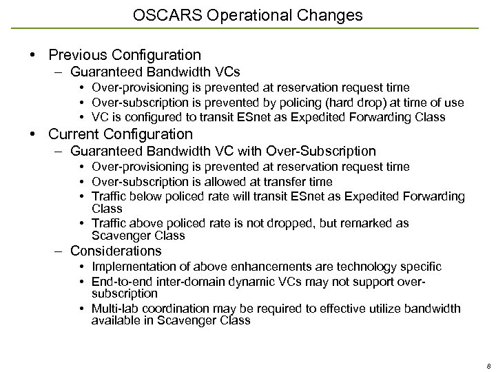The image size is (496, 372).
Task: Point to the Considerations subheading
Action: point(116,251)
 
